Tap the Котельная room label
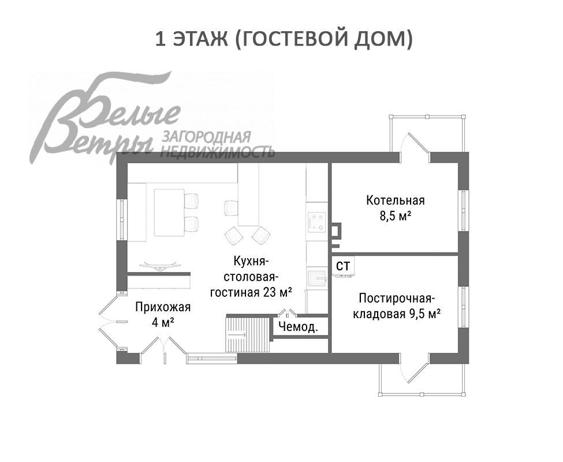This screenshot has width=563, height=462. click(x=395, y=200)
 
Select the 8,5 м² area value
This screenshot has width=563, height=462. click(x=395, y=216)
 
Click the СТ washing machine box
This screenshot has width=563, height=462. click(x=344, y=266)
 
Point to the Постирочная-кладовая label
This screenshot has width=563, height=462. click(x=396, y=299)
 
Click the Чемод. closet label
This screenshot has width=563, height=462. click(x=299, y=327)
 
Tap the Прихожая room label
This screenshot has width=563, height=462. click(x=162, y=307)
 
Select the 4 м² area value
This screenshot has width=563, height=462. click(x=163, y=322)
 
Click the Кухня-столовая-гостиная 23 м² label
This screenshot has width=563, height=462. click(x=251, y=276)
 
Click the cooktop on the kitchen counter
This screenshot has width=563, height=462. click(x=316, y=222)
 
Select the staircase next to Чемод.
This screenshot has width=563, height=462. click(x=248, y=334)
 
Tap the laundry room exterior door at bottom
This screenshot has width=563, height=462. click(x=415, y=367)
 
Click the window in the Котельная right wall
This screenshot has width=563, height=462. click(x=463, y=210)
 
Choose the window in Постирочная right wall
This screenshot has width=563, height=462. click(x=463, y=306)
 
